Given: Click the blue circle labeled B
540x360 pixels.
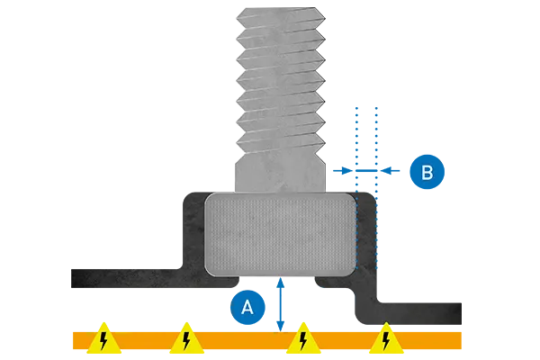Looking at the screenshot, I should pos(427,172).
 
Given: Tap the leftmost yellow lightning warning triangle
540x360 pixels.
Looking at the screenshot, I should pos(104,338).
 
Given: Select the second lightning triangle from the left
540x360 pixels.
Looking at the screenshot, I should pos(185,338).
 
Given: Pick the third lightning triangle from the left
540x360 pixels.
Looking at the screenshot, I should pos(304,338).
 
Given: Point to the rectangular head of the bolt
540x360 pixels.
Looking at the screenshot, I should pos(280,234).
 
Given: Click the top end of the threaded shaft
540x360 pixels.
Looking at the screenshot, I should pos(278,13).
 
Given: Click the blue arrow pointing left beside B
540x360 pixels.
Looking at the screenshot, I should pos(346,169).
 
